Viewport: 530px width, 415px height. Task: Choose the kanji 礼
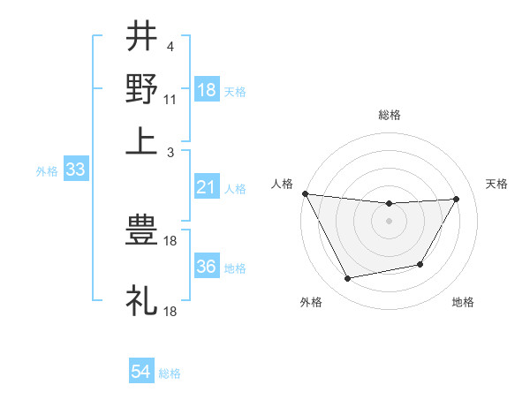pos(141,299)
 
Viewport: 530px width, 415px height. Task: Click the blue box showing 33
pos(75,170)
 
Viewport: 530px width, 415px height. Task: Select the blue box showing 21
pos(207,187)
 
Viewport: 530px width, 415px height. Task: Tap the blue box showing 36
pos(207,268)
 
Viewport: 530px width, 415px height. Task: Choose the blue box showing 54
pos(140,372)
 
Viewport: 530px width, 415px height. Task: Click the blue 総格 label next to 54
pos(170,373)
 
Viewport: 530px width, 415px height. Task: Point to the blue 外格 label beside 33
pos(47,171)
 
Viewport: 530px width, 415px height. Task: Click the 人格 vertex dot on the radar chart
pos(305,193)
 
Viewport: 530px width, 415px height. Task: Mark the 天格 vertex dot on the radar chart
pos(456,199)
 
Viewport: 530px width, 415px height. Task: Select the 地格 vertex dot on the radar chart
pos(420,264)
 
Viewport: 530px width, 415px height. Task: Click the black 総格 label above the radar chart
pos(389,115)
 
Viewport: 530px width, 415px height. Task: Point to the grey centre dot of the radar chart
pos(389,220)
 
